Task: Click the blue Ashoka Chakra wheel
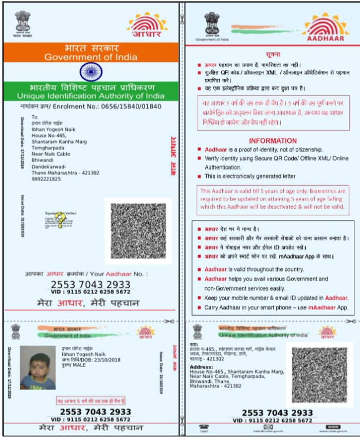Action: click(91, 71)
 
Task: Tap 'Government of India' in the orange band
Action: click(91, 57)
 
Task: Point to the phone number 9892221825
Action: click(46, 179)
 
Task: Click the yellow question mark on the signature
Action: click(61, 220)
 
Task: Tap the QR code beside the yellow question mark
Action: click(138, 231)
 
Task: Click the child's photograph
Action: click(38, 367)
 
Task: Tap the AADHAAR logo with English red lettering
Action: click(327, 28)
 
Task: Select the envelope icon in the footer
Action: click(268, 427)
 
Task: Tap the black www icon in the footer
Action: click(333, 427)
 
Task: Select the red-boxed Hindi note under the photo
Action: click(91, 400)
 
